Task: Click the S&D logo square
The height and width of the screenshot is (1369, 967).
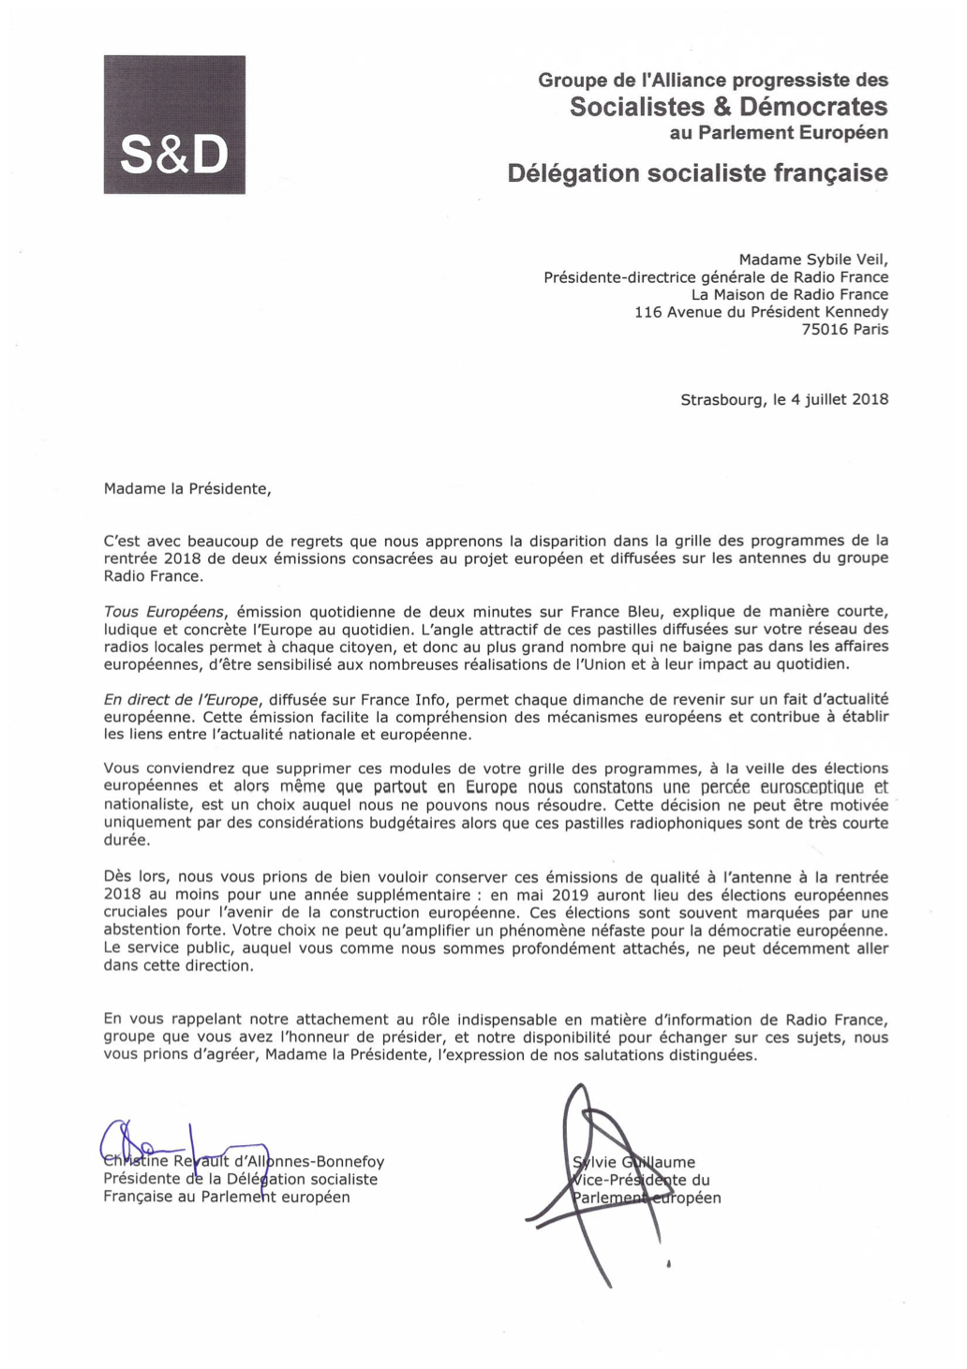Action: [174, 125]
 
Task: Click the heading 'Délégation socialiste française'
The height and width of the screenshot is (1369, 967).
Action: [697, 173]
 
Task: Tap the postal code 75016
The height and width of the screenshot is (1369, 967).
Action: [825, 329]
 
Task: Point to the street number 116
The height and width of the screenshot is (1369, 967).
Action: [647, 312]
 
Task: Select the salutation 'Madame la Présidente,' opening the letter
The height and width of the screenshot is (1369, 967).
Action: [187, 488]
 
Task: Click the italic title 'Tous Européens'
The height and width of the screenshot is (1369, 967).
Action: [164, 612]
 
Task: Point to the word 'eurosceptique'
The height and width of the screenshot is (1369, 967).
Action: [811, 787]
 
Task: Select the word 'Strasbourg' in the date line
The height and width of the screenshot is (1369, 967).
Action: [722, 399]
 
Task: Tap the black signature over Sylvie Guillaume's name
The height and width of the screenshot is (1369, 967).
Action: [590, 1181]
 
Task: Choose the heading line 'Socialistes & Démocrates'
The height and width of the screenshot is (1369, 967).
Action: [728, 107]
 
